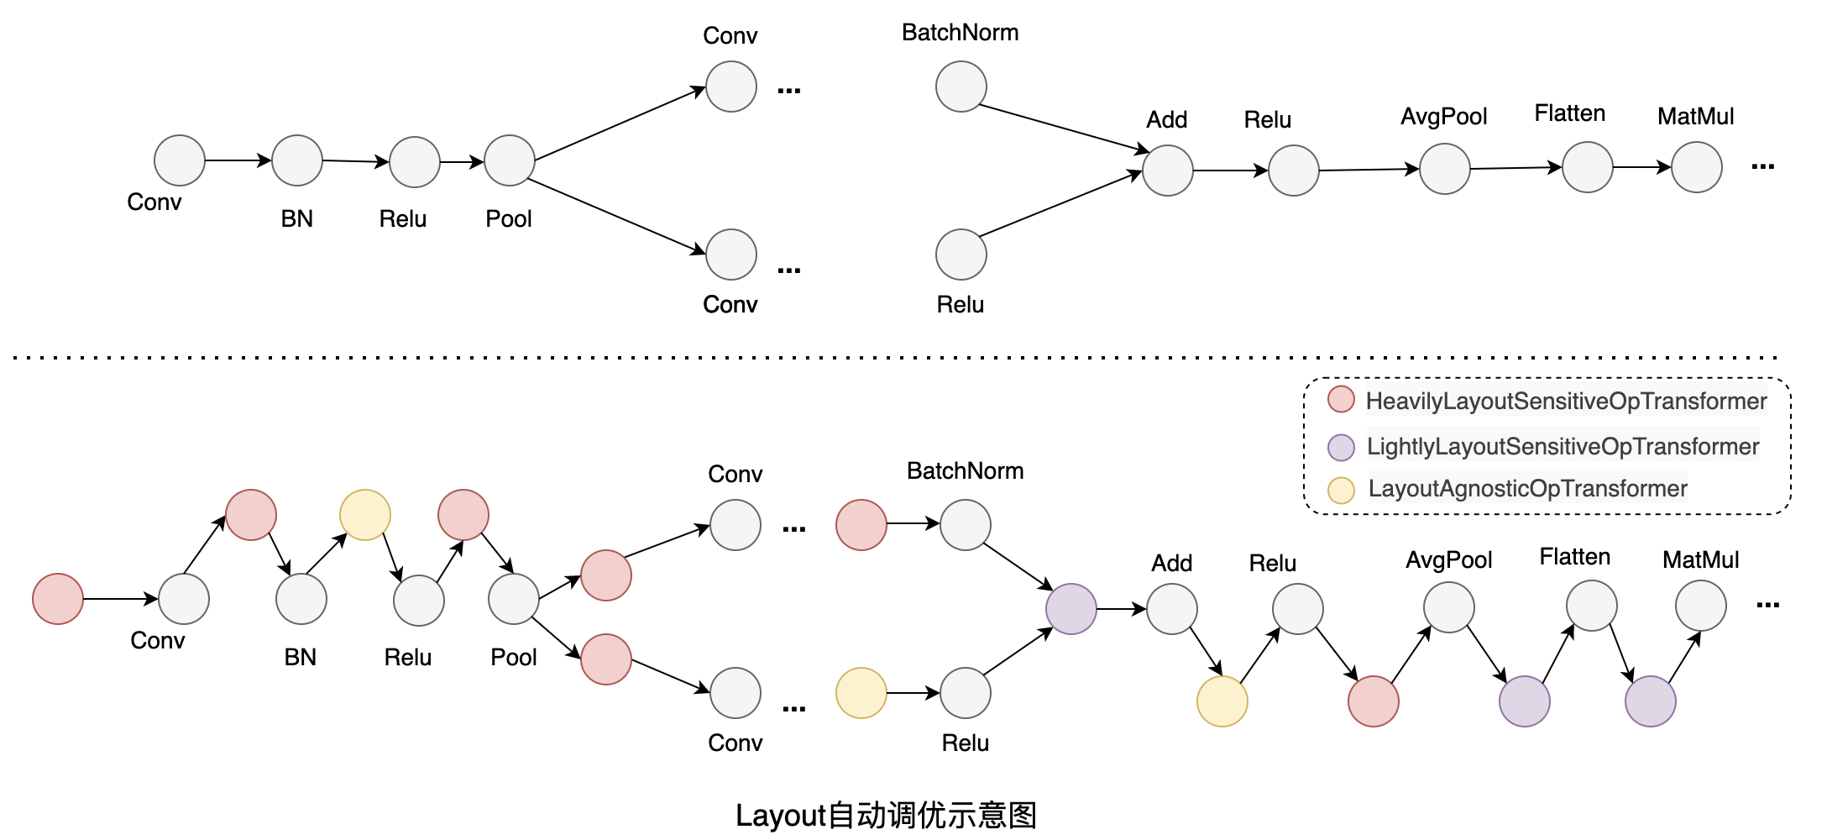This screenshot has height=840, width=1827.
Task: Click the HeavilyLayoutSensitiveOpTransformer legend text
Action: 1566,402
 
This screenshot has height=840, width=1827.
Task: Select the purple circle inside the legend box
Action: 1341,447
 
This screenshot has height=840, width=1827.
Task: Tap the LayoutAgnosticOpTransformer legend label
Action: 1527,489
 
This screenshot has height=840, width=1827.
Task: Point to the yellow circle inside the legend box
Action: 1341,490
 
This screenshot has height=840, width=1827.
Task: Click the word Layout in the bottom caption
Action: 781,816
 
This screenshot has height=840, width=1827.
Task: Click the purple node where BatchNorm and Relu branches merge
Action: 1071,609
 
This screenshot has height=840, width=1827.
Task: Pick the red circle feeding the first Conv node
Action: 58,599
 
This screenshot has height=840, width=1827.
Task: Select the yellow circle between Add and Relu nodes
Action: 1222,701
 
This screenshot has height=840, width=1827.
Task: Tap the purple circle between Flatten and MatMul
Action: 1650,701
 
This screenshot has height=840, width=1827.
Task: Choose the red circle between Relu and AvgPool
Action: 1373,701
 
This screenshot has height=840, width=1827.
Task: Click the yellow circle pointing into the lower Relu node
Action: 861,693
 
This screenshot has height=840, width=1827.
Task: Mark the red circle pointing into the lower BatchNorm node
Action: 861,525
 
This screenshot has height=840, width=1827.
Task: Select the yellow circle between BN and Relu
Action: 364,515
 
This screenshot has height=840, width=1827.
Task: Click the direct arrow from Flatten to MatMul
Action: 1641,167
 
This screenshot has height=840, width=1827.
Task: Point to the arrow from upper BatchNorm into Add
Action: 1062,129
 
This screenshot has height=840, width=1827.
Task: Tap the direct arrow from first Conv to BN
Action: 238,160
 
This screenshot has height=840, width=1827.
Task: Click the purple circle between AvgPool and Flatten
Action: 1524,701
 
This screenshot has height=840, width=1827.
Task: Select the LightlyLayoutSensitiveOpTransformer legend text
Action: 1563,447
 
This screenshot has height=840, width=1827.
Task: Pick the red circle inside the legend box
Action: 1341,400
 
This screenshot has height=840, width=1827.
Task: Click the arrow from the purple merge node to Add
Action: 1121,609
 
